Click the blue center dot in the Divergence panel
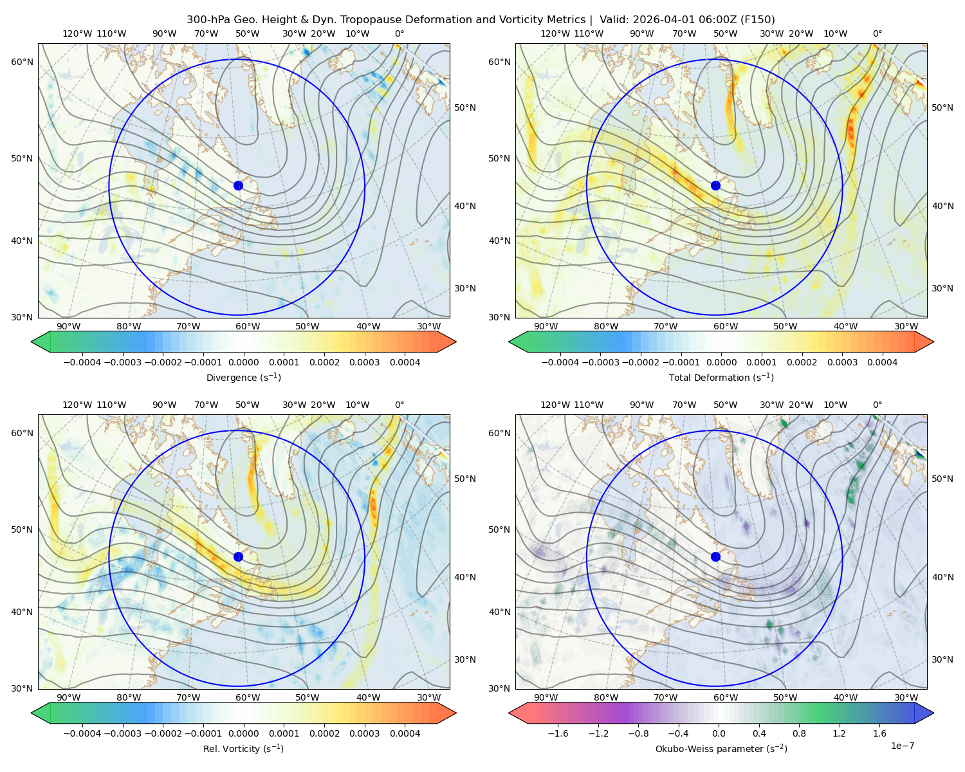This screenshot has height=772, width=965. point(238,185)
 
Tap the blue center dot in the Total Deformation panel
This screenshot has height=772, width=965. point(715,185)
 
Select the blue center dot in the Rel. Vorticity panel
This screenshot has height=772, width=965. point(238,556)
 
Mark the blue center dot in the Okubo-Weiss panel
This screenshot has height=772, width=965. point(715,556)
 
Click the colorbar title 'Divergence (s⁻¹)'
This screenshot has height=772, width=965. point(243,377)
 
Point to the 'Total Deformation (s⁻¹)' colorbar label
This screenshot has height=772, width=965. point(721,377)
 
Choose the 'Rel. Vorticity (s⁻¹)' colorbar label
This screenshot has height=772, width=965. point(243,748)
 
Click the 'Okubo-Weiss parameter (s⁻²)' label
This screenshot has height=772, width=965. point(721,748)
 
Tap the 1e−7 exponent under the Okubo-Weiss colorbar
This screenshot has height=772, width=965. point(902,746)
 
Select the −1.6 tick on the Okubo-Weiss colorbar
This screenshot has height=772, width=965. point(558,733)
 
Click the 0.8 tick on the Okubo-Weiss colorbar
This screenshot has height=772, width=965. point(799,733)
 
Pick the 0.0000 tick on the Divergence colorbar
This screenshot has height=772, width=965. point(243,362)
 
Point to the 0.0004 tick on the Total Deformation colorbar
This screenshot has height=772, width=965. point(883,362)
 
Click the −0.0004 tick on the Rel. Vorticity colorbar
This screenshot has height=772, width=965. point(82,733)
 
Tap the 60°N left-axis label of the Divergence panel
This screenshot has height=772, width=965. point(22,62)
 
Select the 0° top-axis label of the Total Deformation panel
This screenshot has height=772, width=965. point(877,33)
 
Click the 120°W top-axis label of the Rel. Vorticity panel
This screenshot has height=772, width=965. point(77,404)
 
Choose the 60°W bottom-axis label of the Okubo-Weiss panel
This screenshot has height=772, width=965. point(725,697)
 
